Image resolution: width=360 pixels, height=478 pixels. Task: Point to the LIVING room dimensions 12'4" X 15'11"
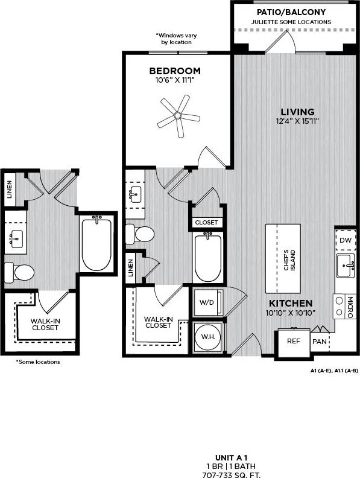coord(297,121)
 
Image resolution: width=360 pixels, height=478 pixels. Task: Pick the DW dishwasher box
coord(345,240)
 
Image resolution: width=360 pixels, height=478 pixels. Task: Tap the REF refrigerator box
coord(293,341)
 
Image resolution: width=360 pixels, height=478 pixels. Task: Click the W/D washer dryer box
coord(207,302)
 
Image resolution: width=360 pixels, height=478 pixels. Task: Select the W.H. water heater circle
coord(207,337)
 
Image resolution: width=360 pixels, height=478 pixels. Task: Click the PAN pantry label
coord(318,341)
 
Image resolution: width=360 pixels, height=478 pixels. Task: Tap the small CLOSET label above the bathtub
coord(207,222)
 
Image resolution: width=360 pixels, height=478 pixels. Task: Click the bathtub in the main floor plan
coord(207,258)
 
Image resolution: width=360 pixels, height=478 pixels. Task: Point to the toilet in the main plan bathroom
coord(142,234)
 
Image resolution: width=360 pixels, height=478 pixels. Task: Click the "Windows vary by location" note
coord(174,39)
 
